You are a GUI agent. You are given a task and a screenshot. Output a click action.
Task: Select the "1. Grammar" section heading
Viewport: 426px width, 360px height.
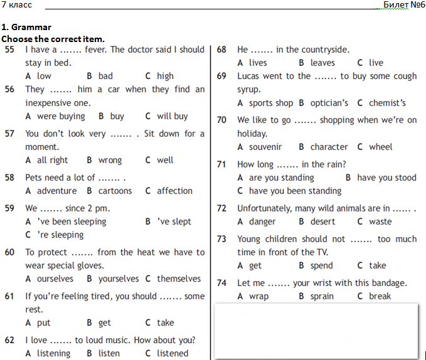[x=26, y=28]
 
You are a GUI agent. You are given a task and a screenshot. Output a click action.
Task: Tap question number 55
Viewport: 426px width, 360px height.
[x=9, y=50]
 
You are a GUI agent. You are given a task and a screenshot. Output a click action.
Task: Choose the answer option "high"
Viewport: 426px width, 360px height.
[x=165, y=76]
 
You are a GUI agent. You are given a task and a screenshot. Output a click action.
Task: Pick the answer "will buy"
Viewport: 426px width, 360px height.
[x=172, y=116]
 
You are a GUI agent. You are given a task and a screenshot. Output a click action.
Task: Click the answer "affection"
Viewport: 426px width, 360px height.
[x=174, y=191]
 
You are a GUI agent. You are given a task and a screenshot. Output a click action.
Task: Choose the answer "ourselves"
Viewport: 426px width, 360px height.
[x=55, y=278]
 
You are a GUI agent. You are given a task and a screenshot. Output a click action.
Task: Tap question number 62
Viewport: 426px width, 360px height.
[x=9, y=340]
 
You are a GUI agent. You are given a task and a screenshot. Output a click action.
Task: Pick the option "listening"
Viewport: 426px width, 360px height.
[x=53, y=353]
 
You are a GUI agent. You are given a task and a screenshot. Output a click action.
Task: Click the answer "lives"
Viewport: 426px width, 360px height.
[x=258, y=63]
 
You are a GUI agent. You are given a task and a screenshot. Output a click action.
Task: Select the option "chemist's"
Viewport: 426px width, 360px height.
[x=387, y=103]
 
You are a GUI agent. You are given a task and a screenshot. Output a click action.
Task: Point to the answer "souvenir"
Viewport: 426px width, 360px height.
[x=265, y=147]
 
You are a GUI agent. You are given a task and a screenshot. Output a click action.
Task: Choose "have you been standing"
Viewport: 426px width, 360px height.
[x=295, y=191]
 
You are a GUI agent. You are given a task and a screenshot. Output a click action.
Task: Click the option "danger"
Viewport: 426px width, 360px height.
[x=262, y=221]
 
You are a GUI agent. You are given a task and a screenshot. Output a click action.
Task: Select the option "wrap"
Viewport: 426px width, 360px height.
[x=258, y=296]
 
